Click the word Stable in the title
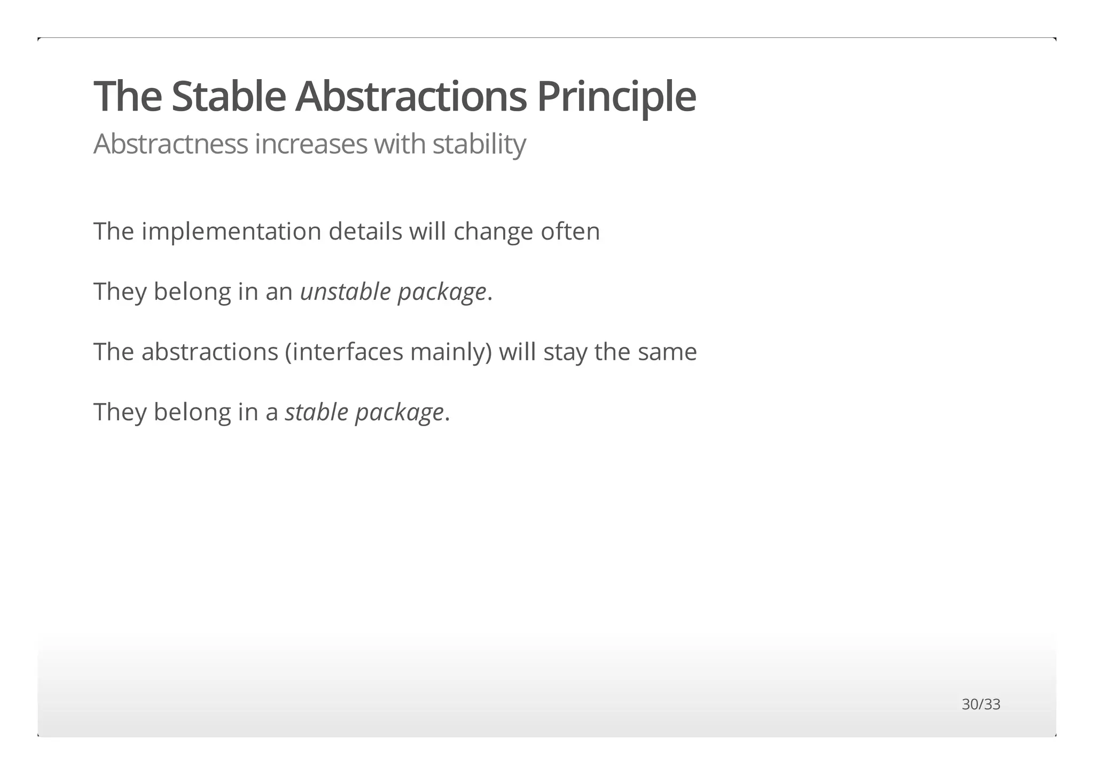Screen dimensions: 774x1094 (x=229, y=97)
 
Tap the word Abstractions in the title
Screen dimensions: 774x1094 (x=411, y=97)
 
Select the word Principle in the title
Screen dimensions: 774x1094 (x=616, y=97)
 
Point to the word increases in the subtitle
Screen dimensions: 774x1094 (x=311, y=144)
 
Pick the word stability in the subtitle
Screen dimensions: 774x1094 (x=479, y=144)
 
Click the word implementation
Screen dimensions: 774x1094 (x=231, y=232)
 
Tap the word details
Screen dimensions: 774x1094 (x=365, y=232)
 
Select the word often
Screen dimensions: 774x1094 (x=571, y=232)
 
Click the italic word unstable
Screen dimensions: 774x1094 (x=345, y=292)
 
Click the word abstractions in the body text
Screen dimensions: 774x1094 (x=210, y=352)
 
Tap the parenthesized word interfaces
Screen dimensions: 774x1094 (x=347, y=352)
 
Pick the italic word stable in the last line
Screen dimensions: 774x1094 (x=316, y=412)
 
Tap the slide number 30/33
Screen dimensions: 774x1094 (x=981, y=705)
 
